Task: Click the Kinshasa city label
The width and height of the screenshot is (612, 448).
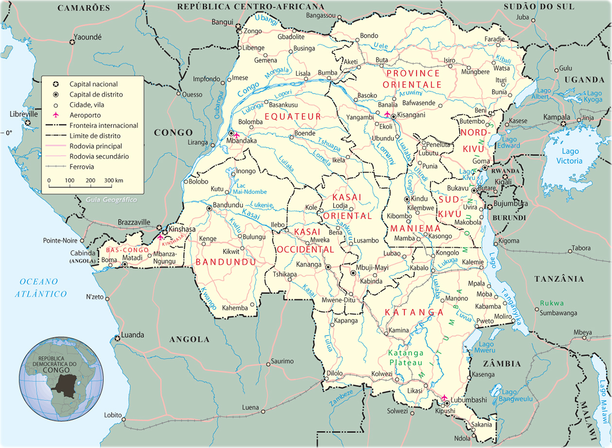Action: [x=181, y=229]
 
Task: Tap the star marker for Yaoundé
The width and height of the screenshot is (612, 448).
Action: [x=72, y=42]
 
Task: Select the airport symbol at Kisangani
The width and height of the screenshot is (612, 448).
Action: [x=387, y=114]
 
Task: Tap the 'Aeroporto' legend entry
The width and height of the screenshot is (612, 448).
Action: [x=85, y=115]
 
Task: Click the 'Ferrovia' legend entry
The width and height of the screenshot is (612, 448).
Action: [x=82, y=167]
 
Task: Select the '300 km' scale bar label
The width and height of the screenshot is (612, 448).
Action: [x=113, y=180]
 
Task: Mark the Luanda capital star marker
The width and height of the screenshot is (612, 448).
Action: [x=118, y=338]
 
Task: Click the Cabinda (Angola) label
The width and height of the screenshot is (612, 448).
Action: [x=82, y=256]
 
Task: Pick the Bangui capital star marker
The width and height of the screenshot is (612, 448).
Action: [x=238, y=26]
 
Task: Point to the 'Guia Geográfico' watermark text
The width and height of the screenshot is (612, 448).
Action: [x=111, y=200]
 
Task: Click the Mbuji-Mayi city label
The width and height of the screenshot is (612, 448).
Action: [x=373, y=267]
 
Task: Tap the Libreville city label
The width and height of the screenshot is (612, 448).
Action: [x=24, y=114]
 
